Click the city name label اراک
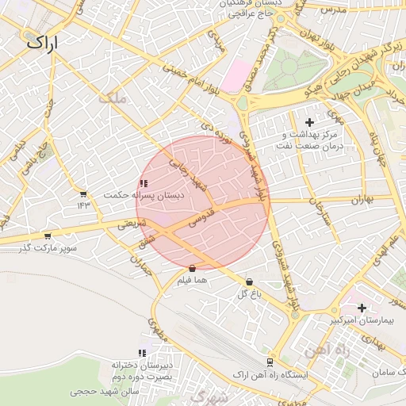[x=42, y=43]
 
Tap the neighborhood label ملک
[x=110, y=98]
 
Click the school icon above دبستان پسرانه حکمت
[x=143, y=183]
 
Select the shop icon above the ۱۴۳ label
[x=83, y=193]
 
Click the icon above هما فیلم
[x=193, y=268]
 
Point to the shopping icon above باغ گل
[x=250, y=282]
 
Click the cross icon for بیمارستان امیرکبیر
[x=362, y=307]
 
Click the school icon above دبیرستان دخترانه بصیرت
[x=142, y=353]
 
